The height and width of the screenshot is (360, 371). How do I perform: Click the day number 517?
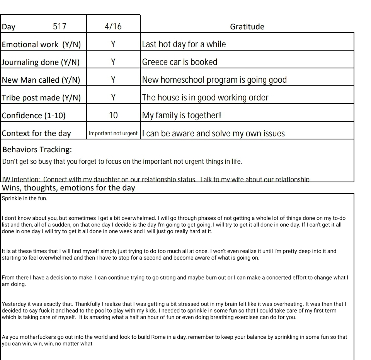coord(60,27)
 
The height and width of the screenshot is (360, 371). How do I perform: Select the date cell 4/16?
coord(113,27)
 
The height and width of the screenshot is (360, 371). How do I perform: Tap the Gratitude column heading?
coord(247,27)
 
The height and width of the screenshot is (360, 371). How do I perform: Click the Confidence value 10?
coord(113,115)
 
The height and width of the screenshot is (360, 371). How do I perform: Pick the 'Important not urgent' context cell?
coord(113,134)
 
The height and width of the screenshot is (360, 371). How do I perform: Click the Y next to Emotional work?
coord(113,44)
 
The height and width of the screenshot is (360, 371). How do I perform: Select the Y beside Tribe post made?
coord(113,98)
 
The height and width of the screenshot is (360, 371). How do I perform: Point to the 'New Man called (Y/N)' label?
coord(41,80)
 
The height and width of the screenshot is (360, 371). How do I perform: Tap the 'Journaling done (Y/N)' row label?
coord(41,62)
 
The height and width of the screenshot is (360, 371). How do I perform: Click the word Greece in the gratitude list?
coord(154,62)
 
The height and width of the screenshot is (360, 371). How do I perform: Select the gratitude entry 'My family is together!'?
coord(182,115)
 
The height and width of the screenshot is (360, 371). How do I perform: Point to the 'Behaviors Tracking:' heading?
coord(37,149)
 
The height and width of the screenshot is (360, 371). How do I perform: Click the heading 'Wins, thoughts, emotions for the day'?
coord(68,188)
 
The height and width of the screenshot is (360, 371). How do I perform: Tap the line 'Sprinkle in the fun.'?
coord(24,199)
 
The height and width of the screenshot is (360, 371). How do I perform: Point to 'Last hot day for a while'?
coord(184,44)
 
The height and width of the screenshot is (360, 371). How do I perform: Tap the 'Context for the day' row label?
coord(36,134)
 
